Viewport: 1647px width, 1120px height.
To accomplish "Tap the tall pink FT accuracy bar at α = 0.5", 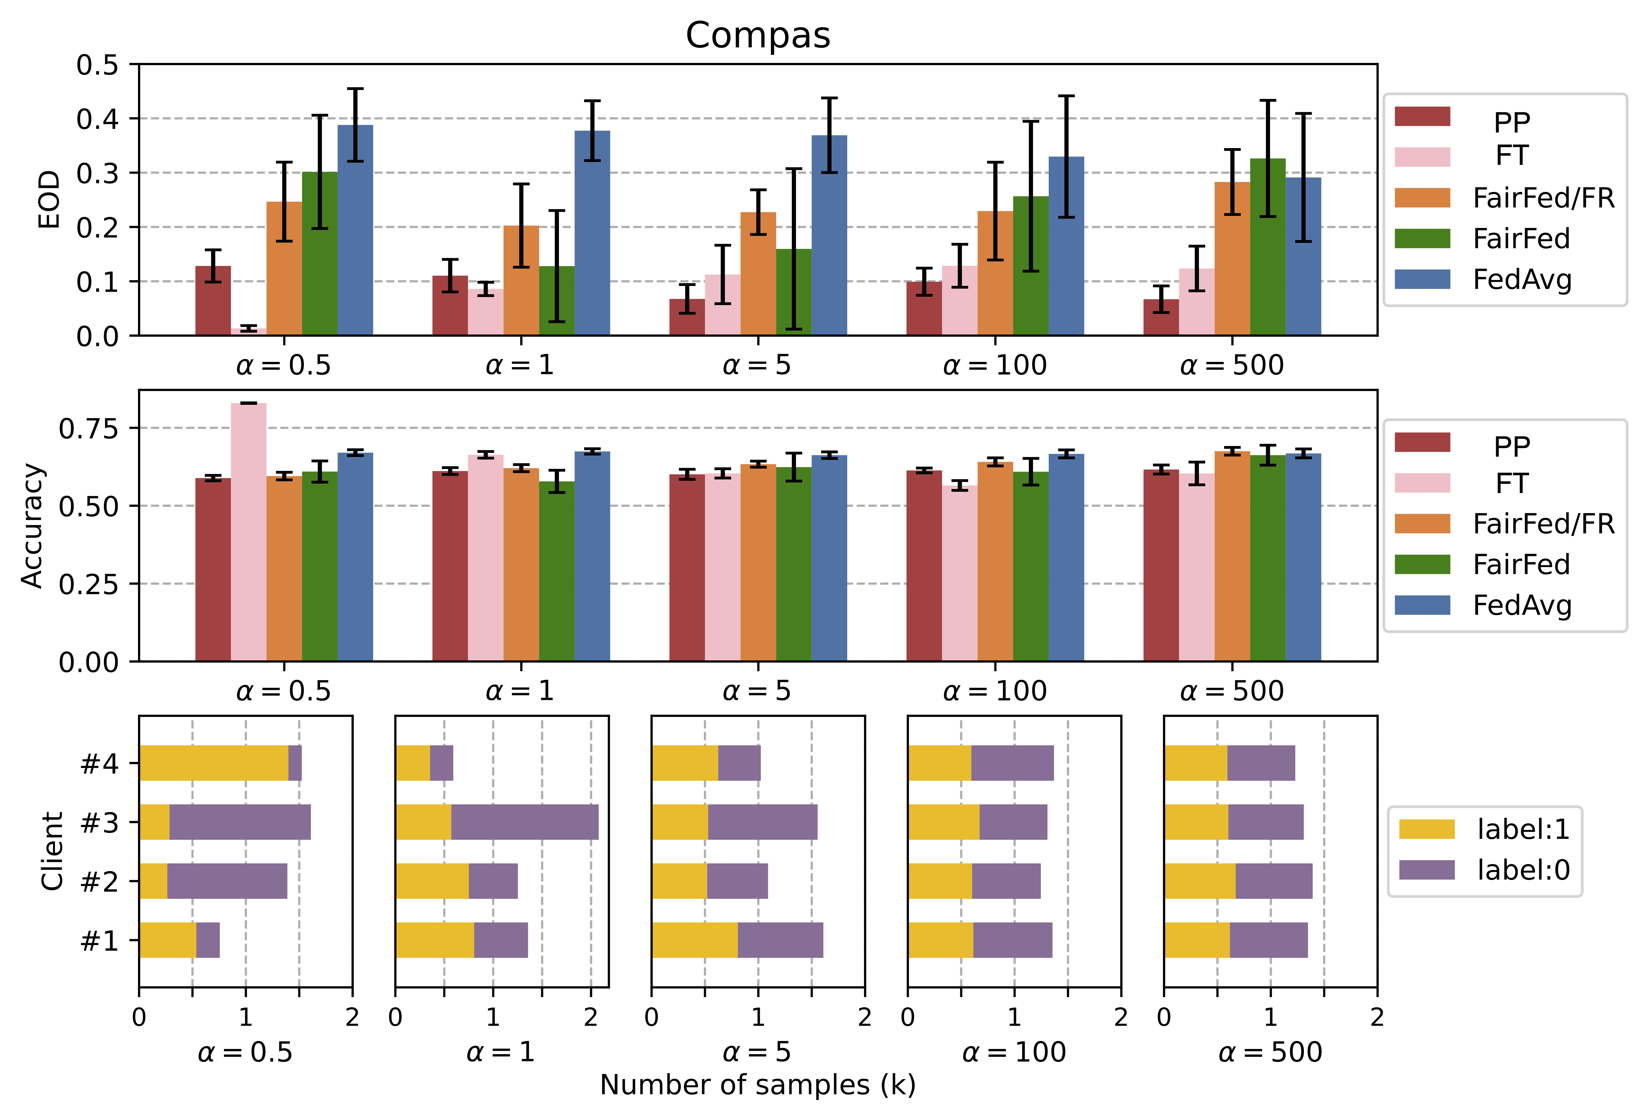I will pos(249,532).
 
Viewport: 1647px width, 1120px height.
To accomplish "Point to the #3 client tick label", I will pos(99,823).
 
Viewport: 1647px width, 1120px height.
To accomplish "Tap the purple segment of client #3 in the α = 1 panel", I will pos(524,822).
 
